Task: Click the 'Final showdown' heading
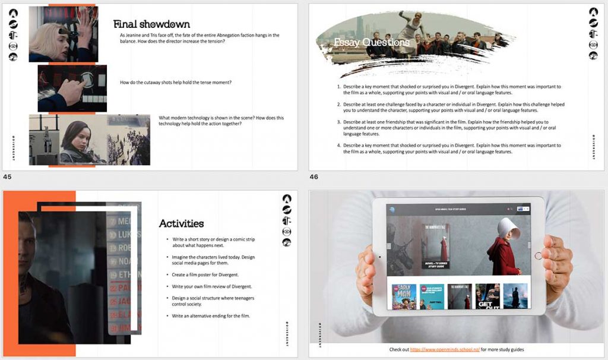[151, 24]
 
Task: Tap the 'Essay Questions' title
[372, 42]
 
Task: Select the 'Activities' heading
[181, 224]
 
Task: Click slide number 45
[7, 176]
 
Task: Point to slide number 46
[313, 176]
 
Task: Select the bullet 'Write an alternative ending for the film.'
[211, 315]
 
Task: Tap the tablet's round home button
[538, 256]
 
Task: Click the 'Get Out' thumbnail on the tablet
[487, 296]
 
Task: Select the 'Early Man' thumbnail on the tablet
[404, 296]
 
